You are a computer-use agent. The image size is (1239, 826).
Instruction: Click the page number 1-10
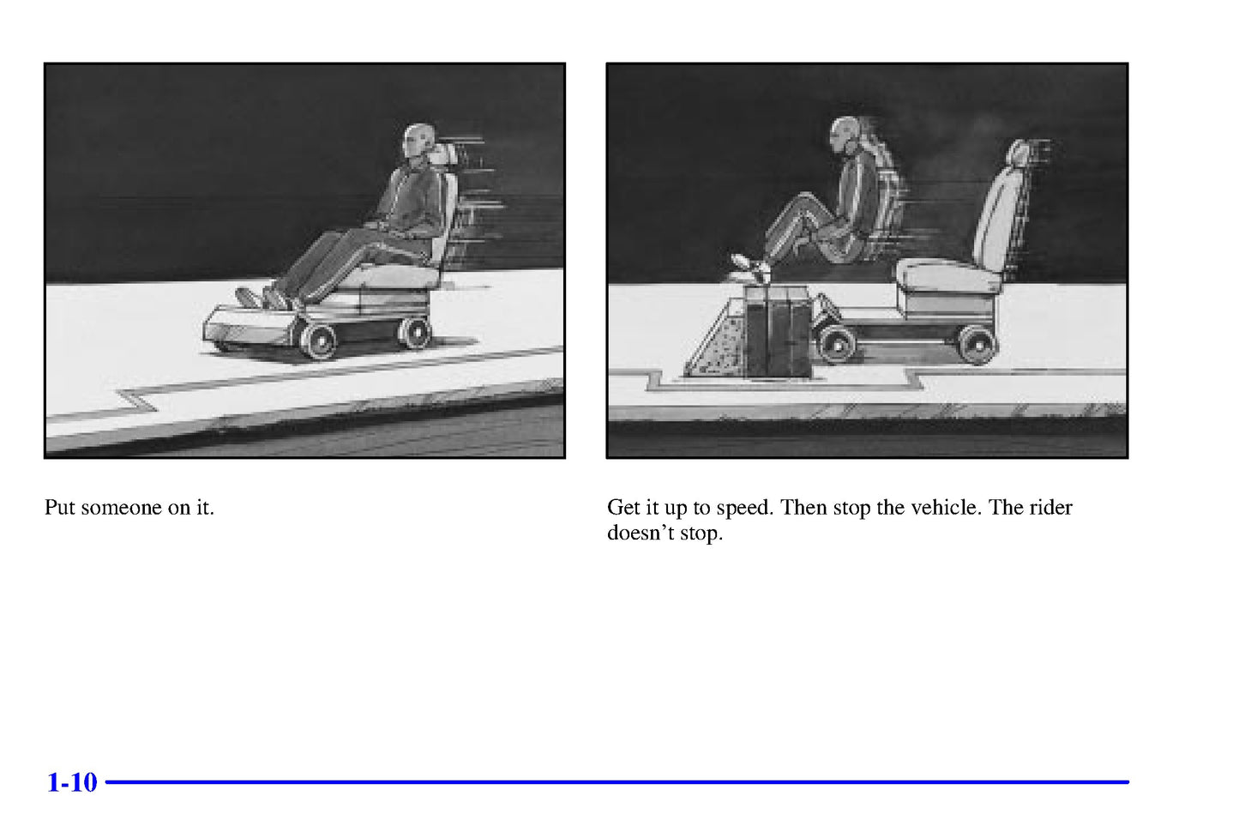pyautogui.click(x=73, y=782)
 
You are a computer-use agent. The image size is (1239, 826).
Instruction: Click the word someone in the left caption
pyautogui.click(x=121, y=507)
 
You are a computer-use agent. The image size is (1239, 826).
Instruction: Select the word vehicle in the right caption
pyautogui.click(x=946, y=507)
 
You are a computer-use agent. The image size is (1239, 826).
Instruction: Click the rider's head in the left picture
pyautogui.click(x=418, y=141)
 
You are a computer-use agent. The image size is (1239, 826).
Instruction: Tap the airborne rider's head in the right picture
pyautogui.click(x=845, y=135)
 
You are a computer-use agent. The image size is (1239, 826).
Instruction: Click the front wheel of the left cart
pyautogui.click(x=318, y=341)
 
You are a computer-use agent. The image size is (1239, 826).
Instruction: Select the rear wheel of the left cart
pyautogui.click(x=415, y=333)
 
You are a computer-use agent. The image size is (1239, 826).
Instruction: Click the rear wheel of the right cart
pyautogui.click(x=977, y=345)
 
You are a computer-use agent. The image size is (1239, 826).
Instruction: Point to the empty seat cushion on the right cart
pyautogui.click(x=948, y=275)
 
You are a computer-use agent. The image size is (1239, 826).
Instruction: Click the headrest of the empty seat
pyautogui.click(x=1019, y=154)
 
